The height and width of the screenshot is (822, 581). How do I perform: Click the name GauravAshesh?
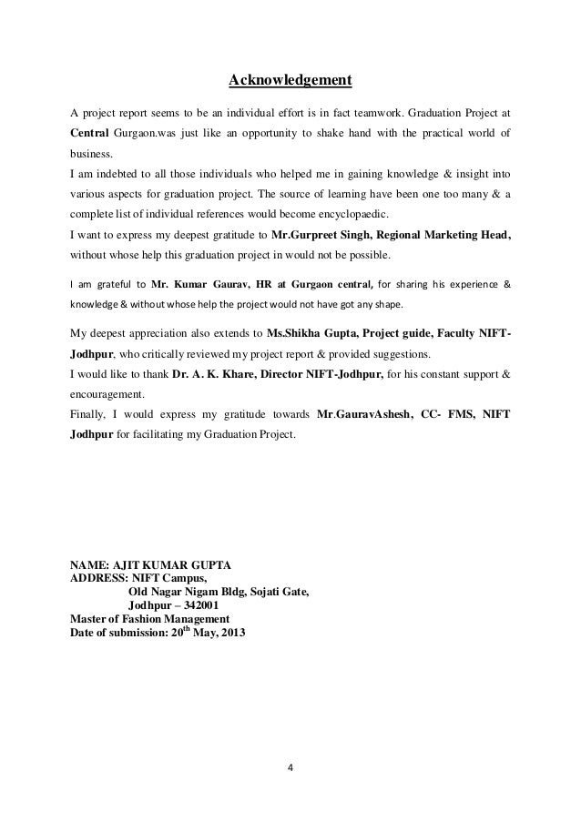click(x=372, y=414)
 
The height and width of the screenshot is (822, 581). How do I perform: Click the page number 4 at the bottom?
click(x=290, y=779)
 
